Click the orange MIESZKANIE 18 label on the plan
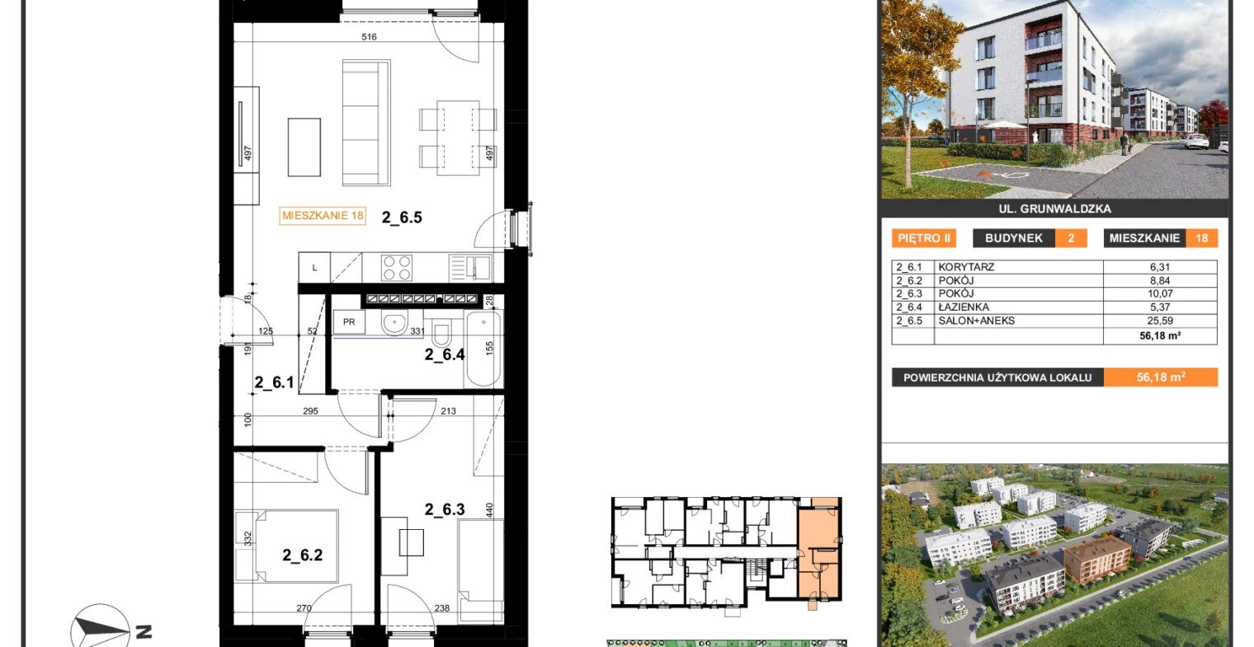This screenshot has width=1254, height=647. coord(323,215)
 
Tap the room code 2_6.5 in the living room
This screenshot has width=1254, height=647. coord(402,218)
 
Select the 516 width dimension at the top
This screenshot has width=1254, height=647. coord(369,37)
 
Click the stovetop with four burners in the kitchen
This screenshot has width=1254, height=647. coord(397,267)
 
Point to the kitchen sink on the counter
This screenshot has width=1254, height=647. coord(470,267)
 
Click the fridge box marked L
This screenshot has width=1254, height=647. coord(314,267)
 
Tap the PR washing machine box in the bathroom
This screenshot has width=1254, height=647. coord(349,322)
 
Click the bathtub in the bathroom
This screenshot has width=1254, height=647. coord(483,349)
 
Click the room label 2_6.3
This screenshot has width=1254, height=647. coord(445,509)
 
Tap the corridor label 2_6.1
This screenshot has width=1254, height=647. coord(274,382)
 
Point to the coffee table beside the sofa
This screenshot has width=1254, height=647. coord(304,147)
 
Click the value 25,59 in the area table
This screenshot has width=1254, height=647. coord(1160,321)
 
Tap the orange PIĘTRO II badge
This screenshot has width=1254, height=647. coord(924,238)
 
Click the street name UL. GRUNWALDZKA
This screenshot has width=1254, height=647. coord(1054,209)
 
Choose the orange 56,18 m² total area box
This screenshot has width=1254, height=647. coord(1161,377)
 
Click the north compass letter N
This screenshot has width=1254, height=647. coord(144,632)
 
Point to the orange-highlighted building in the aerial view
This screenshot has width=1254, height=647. coord(1096,557)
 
